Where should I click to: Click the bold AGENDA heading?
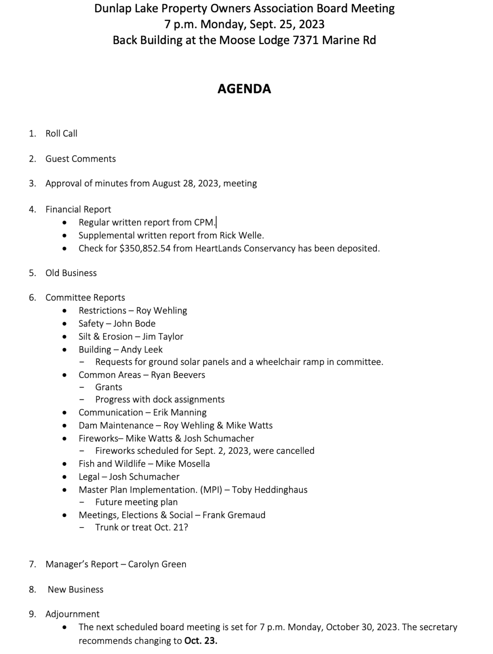(244, 89)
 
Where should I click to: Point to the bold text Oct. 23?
(201, 641)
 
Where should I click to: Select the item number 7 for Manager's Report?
(32, 564)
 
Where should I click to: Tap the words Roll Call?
(61, 133)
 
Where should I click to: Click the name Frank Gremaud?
(234, 515)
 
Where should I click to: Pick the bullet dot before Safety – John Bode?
(64, 324)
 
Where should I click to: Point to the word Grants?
(109, 387)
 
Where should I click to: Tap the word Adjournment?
(72, 614)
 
